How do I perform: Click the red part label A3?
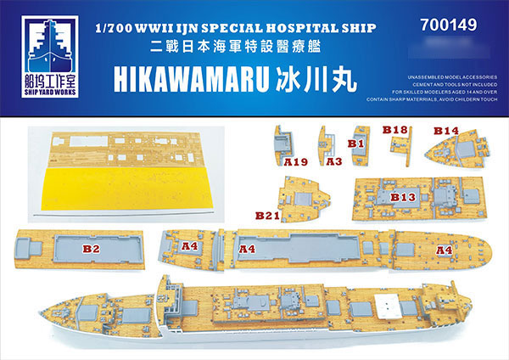pos(333,159)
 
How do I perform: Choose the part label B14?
pos(446,130)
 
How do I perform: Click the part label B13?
pos(404,196)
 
